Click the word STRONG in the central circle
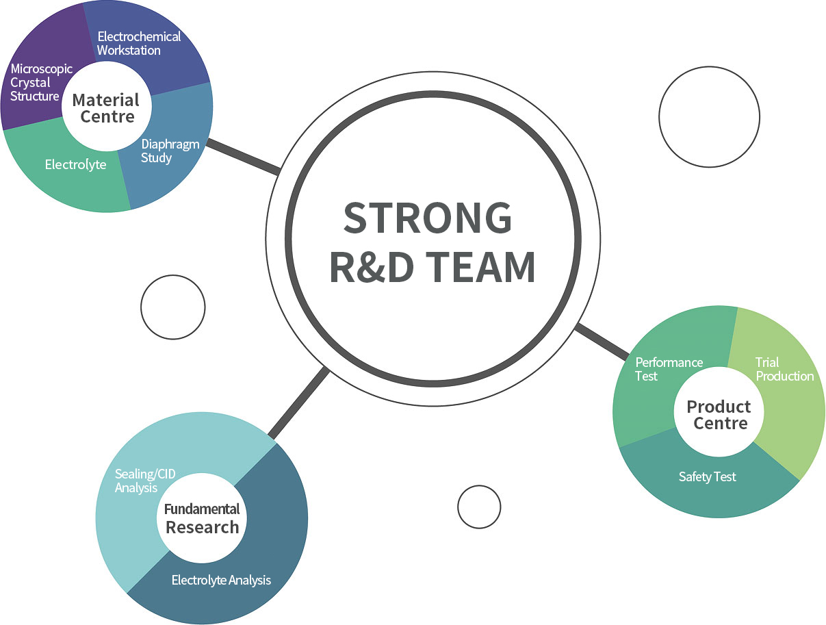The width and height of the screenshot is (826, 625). [428, 217]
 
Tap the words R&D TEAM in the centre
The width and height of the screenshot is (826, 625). [432, 267]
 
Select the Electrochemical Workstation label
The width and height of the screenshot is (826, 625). [138, 43]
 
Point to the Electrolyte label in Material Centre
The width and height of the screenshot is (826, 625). [75, 165]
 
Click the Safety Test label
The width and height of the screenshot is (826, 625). [707, 476]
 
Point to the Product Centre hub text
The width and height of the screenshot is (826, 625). [719, 415]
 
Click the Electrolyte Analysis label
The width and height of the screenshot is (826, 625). [221, 581]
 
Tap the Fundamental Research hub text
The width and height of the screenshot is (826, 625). [202, 518]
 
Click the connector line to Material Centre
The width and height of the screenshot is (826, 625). [243, 157]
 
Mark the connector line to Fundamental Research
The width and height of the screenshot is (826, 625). [298, 404]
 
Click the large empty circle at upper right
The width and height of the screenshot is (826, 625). [709, 116]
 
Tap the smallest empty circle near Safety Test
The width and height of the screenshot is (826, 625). [479, 507]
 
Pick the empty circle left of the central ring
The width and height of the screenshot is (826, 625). [172, 307]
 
